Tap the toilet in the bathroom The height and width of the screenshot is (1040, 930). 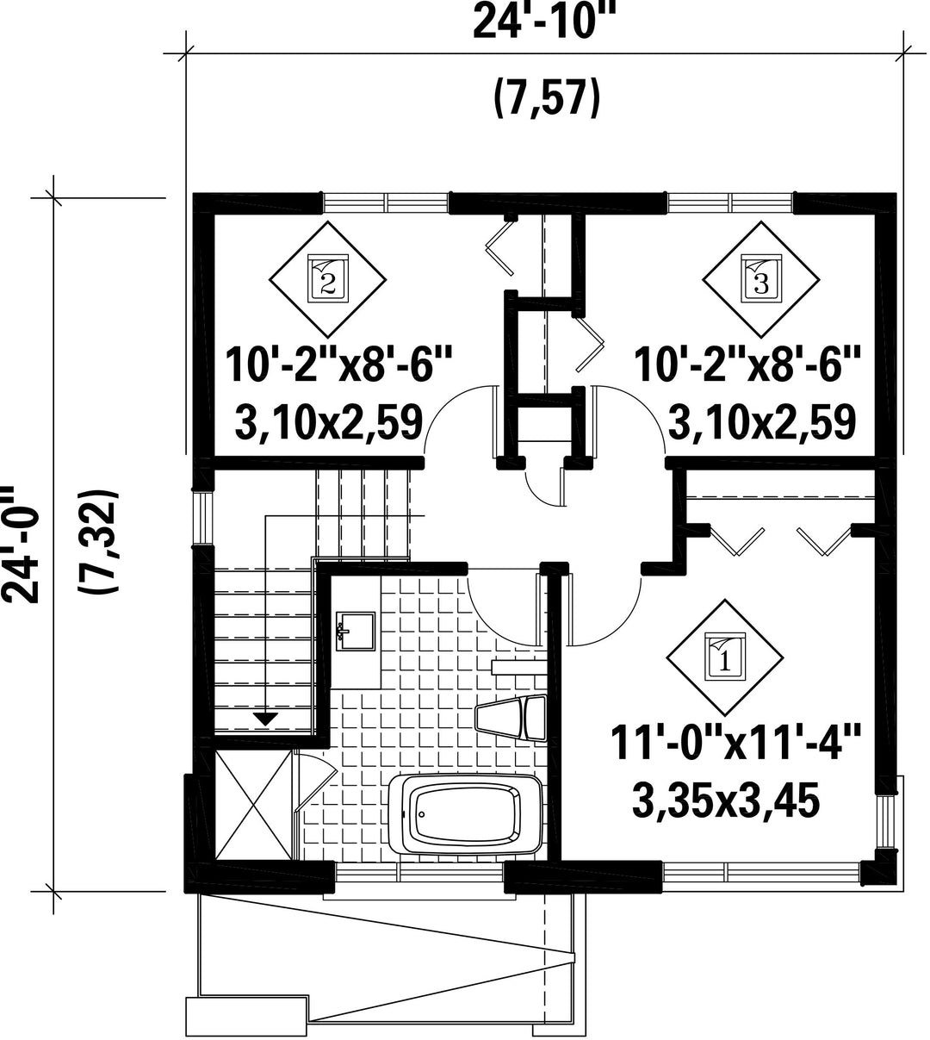[x=512, y=718]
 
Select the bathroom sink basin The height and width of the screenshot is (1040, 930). [x=355, y=632]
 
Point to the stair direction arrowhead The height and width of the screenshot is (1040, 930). [x=265, y=719]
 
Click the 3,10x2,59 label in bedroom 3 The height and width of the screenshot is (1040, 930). [x=762, y=422]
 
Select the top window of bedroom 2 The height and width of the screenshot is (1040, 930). [x=387, y=202]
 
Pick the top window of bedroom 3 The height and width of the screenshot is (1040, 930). [x=730, y=202]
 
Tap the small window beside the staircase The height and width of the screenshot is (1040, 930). [x=202, y=517]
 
